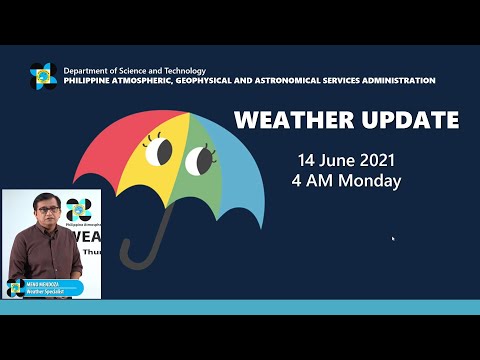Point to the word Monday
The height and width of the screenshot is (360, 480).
click(x=370, y=181)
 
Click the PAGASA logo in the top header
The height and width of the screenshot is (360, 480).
click(x=43, y=76)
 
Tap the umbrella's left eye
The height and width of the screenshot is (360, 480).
click(x=159, y=151)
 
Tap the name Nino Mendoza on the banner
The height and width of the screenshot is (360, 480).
click(x=46, y=284)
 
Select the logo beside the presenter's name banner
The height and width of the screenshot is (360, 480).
click(x=16, y=288)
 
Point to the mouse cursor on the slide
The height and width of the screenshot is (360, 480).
click(x=392, y=239)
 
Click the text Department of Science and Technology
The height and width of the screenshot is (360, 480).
click(x=135, y=71)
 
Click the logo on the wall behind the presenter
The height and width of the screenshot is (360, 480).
click(x=78, y=208)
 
